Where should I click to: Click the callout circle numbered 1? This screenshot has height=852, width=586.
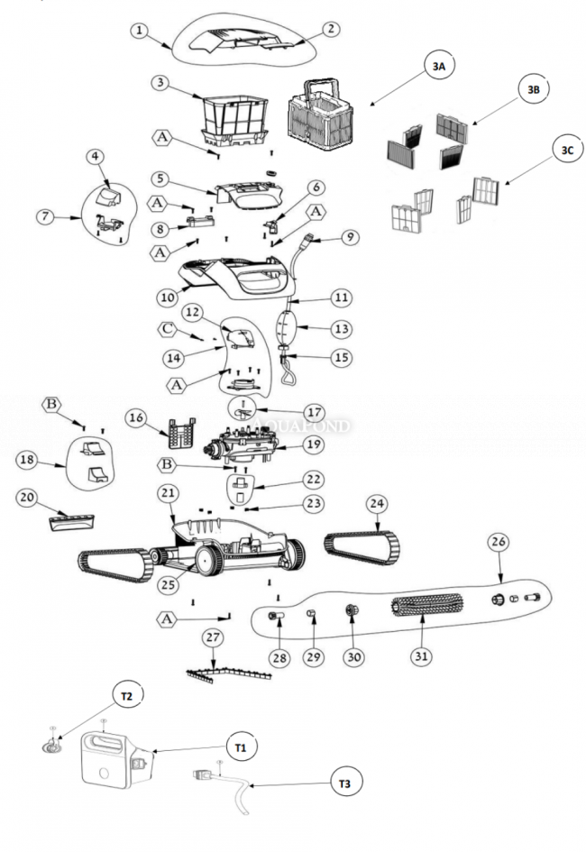coord(139,30)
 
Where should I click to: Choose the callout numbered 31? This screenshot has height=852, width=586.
coord(420,655)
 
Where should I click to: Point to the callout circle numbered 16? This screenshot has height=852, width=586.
coord(136,417)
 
